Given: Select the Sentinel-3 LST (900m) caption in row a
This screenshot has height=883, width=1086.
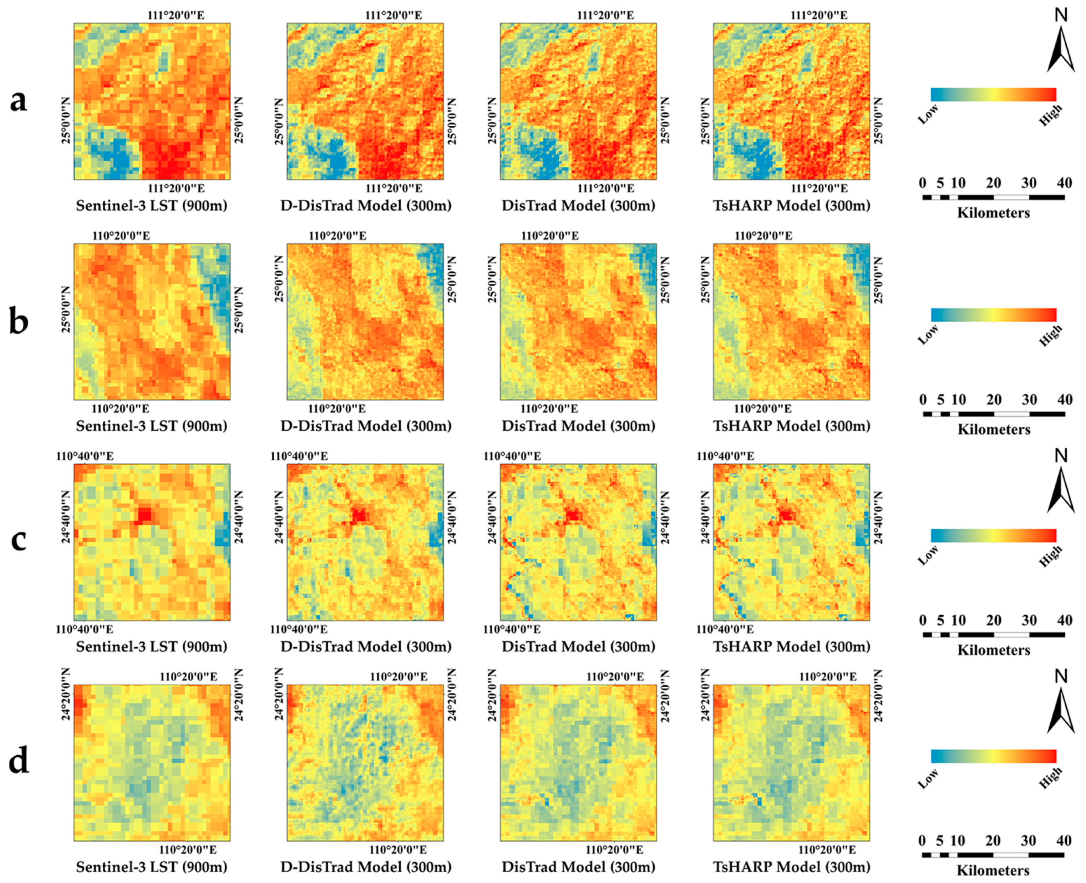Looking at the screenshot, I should (x=152, y=206).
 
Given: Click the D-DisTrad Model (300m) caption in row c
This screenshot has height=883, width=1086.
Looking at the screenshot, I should (x=366, y=646).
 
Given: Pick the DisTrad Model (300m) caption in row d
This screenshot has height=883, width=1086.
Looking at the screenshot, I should (x=578, y=867).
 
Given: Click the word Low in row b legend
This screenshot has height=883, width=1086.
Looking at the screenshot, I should (x=928, y=335).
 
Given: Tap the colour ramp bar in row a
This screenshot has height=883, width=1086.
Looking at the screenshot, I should (x=994, y=95).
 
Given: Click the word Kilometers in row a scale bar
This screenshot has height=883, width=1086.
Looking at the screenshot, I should (x=994, y=213).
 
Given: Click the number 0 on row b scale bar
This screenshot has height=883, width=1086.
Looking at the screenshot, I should (x=923, y=400).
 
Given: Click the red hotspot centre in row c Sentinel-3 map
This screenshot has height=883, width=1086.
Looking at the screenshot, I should (x=144, y=515).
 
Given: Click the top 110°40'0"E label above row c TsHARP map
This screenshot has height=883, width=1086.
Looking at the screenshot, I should (x=725, y=456).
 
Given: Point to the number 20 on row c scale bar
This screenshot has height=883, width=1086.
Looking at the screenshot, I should (x=994, y=621).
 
